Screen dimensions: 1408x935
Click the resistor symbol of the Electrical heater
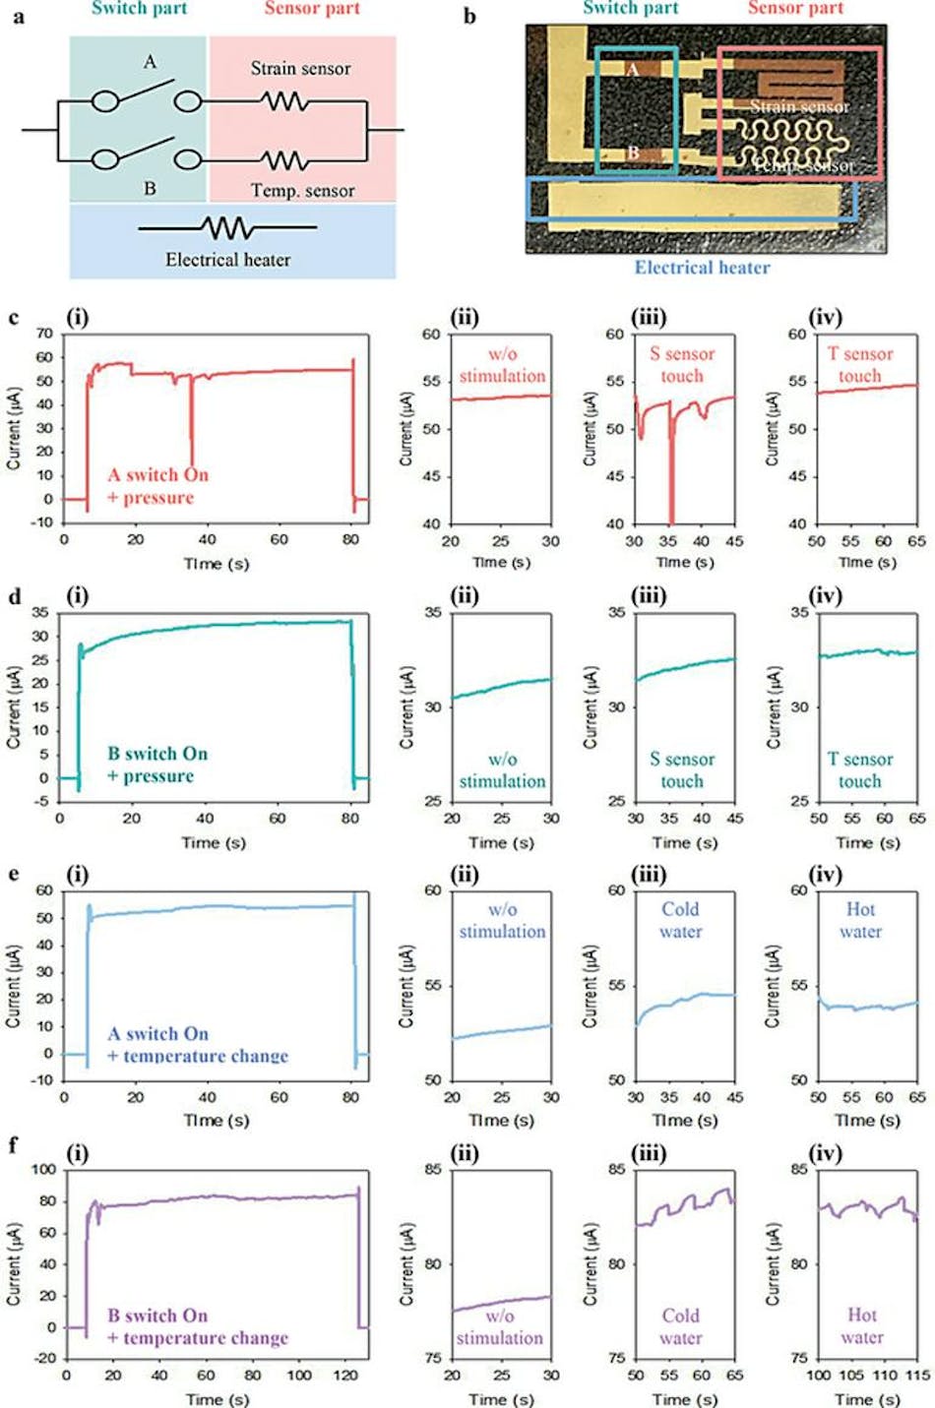[227, 228]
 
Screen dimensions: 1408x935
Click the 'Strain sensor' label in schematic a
[300, 69]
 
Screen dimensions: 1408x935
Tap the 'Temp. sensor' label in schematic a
[302, 191]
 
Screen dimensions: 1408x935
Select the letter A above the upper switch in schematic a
[150, 63]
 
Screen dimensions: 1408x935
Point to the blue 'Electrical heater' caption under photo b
[702, 268]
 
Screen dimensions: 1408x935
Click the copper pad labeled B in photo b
[633, 153]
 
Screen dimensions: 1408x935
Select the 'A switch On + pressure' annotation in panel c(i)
[157, 486]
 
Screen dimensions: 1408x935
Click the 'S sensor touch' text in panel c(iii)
[682, 365]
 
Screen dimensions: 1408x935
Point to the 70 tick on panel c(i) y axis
[44, 334]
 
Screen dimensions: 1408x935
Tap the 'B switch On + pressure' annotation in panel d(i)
[157, 765]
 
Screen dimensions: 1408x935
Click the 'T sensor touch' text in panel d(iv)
[859, 770]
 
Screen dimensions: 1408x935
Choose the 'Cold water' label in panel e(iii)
[680, 920]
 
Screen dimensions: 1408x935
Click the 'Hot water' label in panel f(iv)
[861, 1325]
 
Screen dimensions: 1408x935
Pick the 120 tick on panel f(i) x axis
[345, 1376]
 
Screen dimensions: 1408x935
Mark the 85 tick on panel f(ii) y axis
[431, 1170]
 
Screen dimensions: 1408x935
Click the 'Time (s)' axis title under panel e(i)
[216, 1120]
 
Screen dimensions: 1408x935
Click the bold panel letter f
[13, 1146]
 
